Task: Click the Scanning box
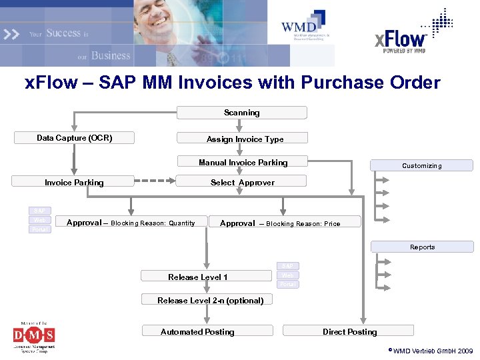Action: pos(241,113)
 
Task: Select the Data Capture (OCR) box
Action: pos(74,138)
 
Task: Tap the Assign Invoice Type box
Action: pos(243,139)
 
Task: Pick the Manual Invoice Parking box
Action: pos(243,162)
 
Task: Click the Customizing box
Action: pos(421,165)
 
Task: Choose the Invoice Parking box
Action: pos(74,182)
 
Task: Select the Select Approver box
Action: pos(241,182)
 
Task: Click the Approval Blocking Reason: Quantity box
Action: pos(131,223)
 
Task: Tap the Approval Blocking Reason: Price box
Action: pos(284,223)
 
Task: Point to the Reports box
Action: pos(422,247)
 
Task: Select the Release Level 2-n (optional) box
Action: pos(210,300)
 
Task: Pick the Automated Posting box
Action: pos(207,331)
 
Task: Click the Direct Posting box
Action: pos(349,331)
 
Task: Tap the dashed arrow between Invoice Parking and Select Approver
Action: pos(155,179)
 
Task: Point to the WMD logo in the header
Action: pos(305,27)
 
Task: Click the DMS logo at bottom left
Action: pos(34,335)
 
